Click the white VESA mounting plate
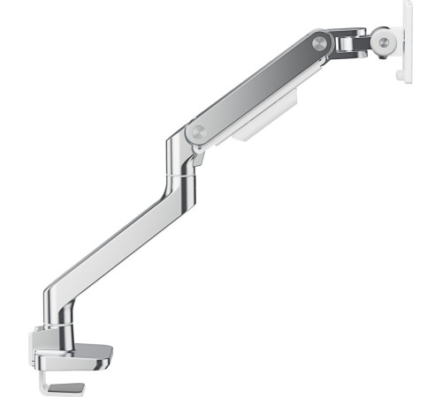point(408,40)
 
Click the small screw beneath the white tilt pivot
point(387,58)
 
